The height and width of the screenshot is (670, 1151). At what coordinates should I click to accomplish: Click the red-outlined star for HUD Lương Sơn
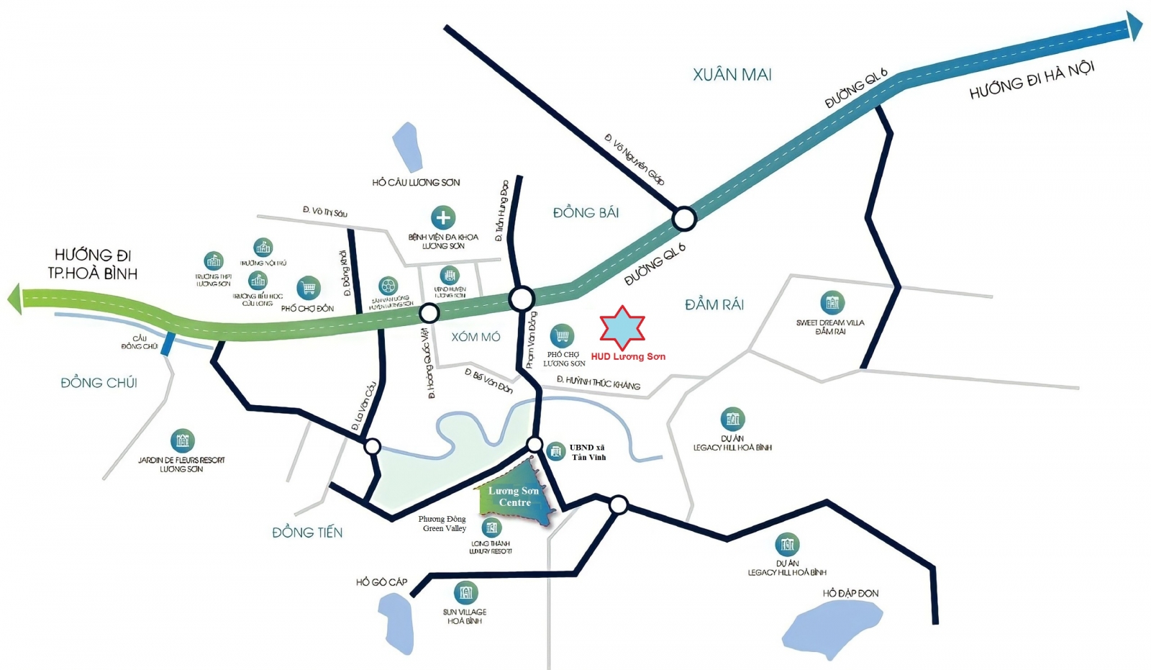tap(622, 327)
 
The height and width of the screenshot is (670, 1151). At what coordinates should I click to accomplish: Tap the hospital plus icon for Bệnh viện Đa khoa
tap(443, 217)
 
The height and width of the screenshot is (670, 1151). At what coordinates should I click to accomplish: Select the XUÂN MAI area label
tap(732, 75)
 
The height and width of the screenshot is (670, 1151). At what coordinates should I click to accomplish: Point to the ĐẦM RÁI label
tap(714, 305)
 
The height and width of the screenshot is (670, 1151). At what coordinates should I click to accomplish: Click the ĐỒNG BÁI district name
tap(586, 212)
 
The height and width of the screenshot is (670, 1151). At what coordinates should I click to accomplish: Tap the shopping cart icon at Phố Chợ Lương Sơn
tap(562, 335)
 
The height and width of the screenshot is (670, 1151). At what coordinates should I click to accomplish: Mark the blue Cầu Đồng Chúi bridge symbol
tap(168, 344)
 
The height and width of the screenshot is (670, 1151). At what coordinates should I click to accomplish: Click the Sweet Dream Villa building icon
tap(832, 303)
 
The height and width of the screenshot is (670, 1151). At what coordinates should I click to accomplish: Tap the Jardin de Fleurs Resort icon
tap(182, 440)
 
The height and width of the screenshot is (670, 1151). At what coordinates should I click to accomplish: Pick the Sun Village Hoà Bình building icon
tap(465, 593)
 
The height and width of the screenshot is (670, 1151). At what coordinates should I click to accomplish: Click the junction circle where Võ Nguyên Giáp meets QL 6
tap(683, 218)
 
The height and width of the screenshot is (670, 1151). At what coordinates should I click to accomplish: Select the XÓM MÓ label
tap(476, 337)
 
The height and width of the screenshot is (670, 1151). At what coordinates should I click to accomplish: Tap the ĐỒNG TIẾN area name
tap(307, 533)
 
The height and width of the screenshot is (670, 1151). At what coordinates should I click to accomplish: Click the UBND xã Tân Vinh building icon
tap(555, 452)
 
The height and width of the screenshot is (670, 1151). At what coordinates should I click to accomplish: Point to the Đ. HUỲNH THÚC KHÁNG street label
tap(598, 383)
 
